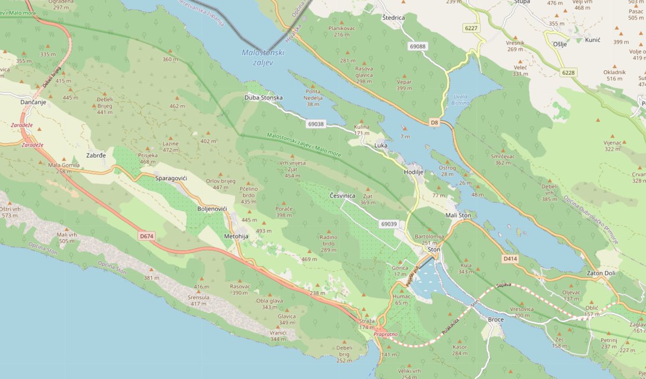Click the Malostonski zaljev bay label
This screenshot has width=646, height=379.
[x=263, y=57]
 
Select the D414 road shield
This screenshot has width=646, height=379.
[x=510, y=259]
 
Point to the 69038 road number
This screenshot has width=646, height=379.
[x=316, y=124]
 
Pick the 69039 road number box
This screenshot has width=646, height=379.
[x=388, y=223]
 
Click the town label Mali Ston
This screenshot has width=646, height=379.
[x=458, y=215]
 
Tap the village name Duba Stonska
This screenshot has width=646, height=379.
[x=263, y=97]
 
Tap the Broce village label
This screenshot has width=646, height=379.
[x=495, y=319]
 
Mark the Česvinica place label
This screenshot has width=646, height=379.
[x=342, y=195]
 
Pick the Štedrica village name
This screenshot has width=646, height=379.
[x=393, y=18]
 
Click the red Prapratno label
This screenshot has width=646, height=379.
[x=385, y=334]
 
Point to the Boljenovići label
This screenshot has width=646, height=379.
[x=212, y=208]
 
